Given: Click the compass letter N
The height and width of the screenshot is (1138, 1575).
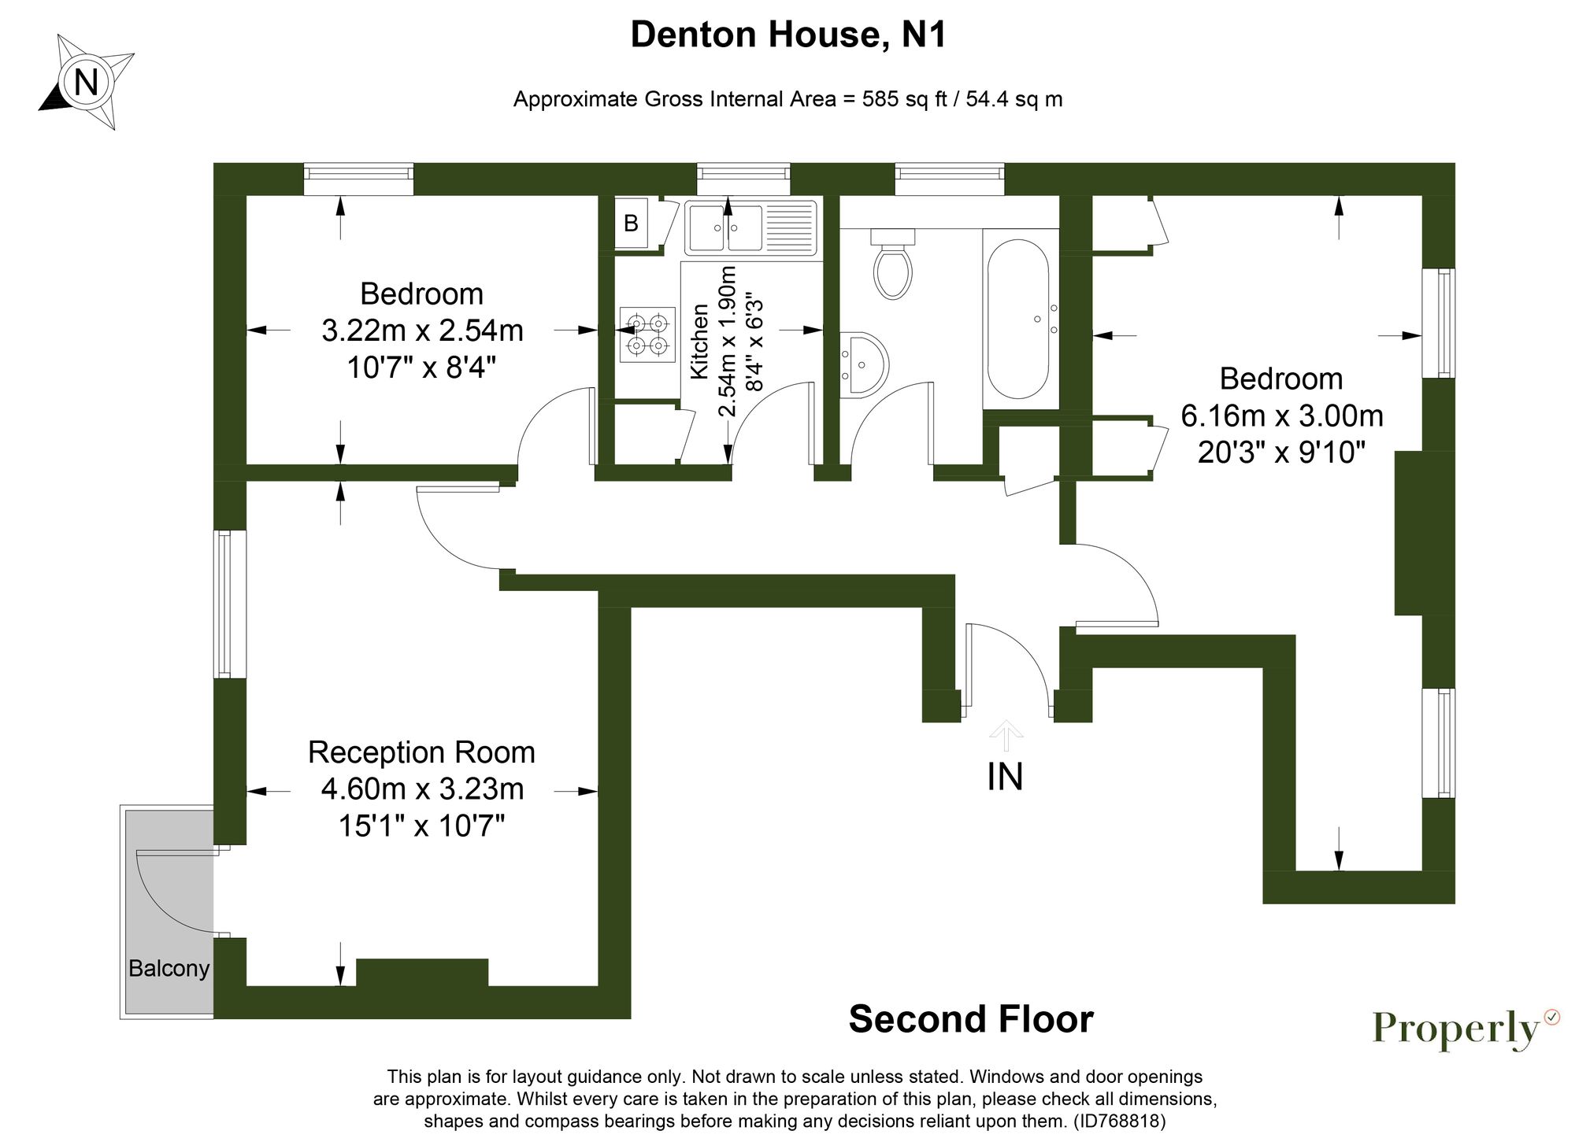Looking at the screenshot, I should pyautogui.click(x=86, y=82).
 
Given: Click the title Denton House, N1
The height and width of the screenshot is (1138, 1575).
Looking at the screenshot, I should pyautogui.click(x=787, y=35).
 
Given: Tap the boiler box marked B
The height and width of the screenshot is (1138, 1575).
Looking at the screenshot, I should pyautogui.click(x=631, y=224).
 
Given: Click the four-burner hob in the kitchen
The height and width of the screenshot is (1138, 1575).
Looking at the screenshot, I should pyautogui.click(x=647, y=334).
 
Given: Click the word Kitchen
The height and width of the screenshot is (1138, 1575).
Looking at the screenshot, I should pyautogui.click(x=699, y=342).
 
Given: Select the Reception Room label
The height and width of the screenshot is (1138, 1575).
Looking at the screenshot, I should pyautogui.click(x=421, y=752).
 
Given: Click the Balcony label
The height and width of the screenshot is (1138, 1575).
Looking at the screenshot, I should pyautogui.click(x=169, y=968).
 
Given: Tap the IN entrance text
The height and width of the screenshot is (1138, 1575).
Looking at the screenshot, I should pyautogui.click(x=1005, y=777).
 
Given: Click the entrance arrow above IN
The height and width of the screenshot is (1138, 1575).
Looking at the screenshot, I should pyautogui.click(x=1006, y=734).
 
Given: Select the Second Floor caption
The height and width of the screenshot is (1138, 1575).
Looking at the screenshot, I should pyautogui.click(x=970, y=1019).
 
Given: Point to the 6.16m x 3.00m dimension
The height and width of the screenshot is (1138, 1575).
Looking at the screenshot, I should pyautogui.click(x=1281, y=416).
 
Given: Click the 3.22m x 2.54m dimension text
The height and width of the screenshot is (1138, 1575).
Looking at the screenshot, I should pyautogui.click(x=422, y=331).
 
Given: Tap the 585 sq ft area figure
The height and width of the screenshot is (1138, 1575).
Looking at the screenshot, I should pyautogui.click(x=904, y=99).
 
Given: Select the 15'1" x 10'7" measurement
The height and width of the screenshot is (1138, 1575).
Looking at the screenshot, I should pyautogui.click(x=421, y=826).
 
